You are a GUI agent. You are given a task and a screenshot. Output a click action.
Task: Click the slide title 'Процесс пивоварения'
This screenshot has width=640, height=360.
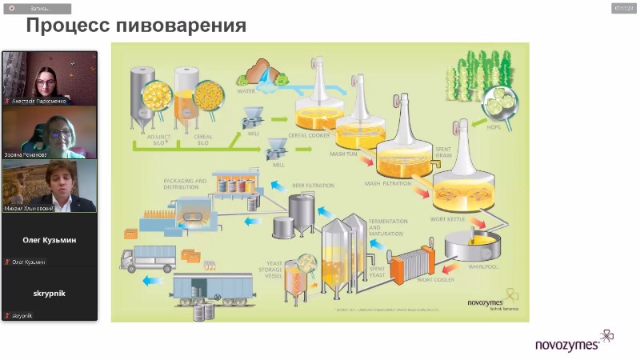tap(136, 26)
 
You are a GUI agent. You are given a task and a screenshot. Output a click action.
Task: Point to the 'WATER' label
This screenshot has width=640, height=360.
tap(246, 91)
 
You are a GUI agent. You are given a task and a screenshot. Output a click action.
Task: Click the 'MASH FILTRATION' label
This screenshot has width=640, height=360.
tap(387, 183)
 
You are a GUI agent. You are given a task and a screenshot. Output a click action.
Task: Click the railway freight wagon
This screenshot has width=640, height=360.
tap(204, 290)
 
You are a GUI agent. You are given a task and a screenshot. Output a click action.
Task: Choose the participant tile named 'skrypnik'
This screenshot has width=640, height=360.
tap(50, 294)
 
